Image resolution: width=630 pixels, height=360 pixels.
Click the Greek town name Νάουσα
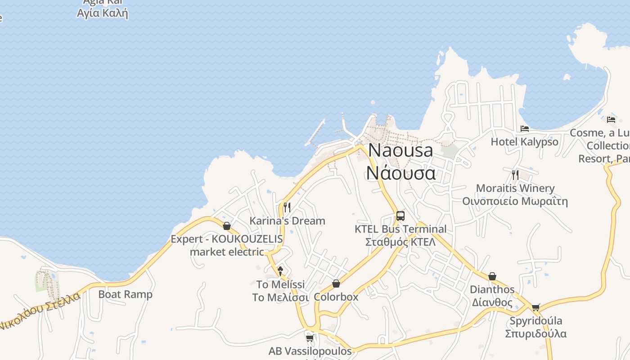coord(401,173)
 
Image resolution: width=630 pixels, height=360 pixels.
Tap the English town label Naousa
coord(400,150)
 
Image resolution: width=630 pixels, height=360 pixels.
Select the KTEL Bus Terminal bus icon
coord(400,216)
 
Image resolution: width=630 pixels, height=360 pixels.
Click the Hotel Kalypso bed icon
coord(525,129)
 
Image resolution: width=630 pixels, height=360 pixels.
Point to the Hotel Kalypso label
coord(524,142)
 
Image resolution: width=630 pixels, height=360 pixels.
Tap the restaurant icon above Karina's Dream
coord(287,207)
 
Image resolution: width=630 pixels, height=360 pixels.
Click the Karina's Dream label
coord(287,221)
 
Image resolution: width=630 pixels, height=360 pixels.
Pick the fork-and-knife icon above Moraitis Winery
coord(515,175)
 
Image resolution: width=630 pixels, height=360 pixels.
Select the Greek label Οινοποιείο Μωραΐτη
coord(515,201)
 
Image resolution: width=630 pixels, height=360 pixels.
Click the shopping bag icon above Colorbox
coord(336,283)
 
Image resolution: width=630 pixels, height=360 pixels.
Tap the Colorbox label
coord(336,297)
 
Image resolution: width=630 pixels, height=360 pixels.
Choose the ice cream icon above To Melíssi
coord(280,271)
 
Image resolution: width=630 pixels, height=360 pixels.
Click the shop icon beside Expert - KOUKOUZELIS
coord(227,225)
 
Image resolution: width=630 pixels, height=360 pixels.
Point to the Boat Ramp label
coord(126,294)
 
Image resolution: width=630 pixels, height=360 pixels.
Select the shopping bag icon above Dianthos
coord(492,276)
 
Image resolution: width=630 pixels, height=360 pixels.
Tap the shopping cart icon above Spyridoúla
coord(535,308)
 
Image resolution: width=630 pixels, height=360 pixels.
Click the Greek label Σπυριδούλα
coord(535,334)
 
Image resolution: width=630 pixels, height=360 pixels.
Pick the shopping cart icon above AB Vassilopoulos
coord(310,338)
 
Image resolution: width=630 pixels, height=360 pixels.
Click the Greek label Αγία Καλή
coord(103,13)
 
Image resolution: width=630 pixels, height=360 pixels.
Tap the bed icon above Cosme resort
coord(611,120)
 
